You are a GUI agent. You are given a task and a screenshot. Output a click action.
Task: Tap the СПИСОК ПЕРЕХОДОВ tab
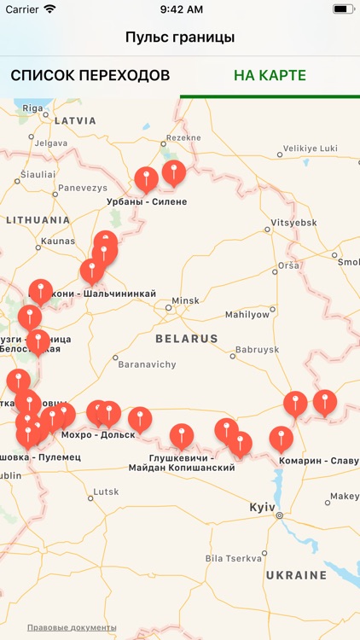pos(90,76)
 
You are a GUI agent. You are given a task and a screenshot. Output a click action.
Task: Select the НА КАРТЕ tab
pos(270,76)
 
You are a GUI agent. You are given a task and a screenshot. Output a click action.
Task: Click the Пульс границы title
pos(180,38)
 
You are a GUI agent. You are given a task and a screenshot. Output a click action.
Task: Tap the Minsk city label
pos(185,301)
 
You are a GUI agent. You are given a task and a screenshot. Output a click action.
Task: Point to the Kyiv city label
pos(262,508)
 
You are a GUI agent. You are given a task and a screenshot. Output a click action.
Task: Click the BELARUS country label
pos(187,339)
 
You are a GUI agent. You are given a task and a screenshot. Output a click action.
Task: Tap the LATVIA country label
pos(75,121)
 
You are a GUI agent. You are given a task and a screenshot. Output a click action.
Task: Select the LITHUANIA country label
pos(38,220)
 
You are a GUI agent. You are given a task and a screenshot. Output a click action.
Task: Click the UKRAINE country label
pos(296,576)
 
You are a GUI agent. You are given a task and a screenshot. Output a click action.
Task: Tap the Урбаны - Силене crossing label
pos(146,202)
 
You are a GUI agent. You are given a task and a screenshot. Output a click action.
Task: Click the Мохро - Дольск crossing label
pos(99,434)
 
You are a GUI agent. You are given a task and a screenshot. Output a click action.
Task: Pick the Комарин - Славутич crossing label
pos(319,461)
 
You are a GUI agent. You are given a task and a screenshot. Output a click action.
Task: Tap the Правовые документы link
pos(72,628)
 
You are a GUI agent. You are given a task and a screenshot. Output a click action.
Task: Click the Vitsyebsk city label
pos(293,223)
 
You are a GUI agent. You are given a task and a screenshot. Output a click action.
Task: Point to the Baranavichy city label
pos(147,364)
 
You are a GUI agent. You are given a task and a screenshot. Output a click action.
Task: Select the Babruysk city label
pos(257,350)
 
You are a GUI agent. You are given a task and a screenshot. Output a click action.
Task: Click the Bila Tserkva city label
pos(234,559)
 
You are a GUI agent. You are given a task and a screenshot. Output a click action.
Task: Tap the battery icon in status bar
pos(344,9)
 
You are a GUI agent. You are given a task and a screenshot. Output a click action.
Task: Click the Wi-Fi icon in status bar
pos(49,9)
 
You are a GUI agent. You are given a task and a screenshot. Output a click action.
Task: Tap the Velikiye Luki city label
pos(311,148)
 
